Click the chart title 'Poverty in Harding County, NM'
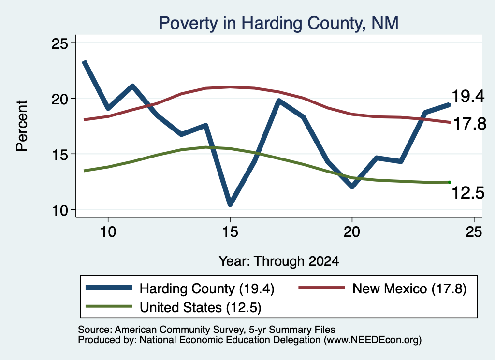[x=278, y=23]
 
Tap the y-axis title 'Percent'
[x=22, y=126]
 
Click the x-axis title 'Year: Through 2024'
[x=279, y=261]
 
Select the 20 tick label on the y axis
[x=59, y=99]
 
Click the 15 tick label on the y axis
[x=59, y=154]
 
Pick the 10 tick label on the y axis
[x=59, y=210]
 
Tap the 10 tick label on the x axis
[x=108, y=232]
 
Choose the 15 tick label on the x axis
[x=230, y=232]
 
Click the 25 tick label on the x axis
[x=474, y=232]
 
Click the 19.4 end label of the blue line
[x=468, y=96]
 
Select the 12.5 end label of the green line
[x=468, y=193]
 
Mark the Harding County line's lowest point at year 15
[x=230, y=204]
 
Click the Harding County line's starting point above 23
[x=84, y=62]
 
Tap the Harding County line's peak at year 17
[x=279, y=101]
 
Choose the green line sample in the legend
[x=109, y=306]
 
